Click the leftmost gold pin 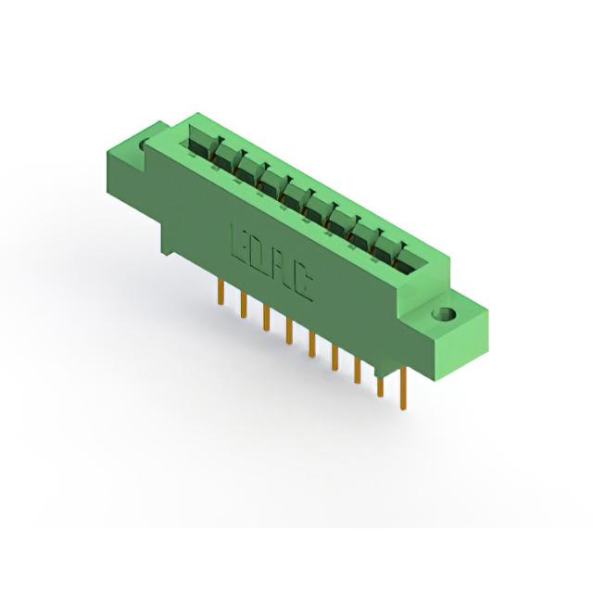pos(221,292)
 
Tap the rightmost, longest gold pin pos(404,388)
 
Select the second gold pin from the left pos(244,305)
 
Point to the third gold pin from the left pos(266,318)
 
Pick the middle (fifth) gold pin pos(311,344)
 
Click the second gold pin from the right pos(380,386)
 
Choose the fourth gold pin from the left pos(289,331)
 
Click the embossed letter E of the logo pos(237,243)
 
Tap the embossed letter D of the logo pos(259,257)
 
